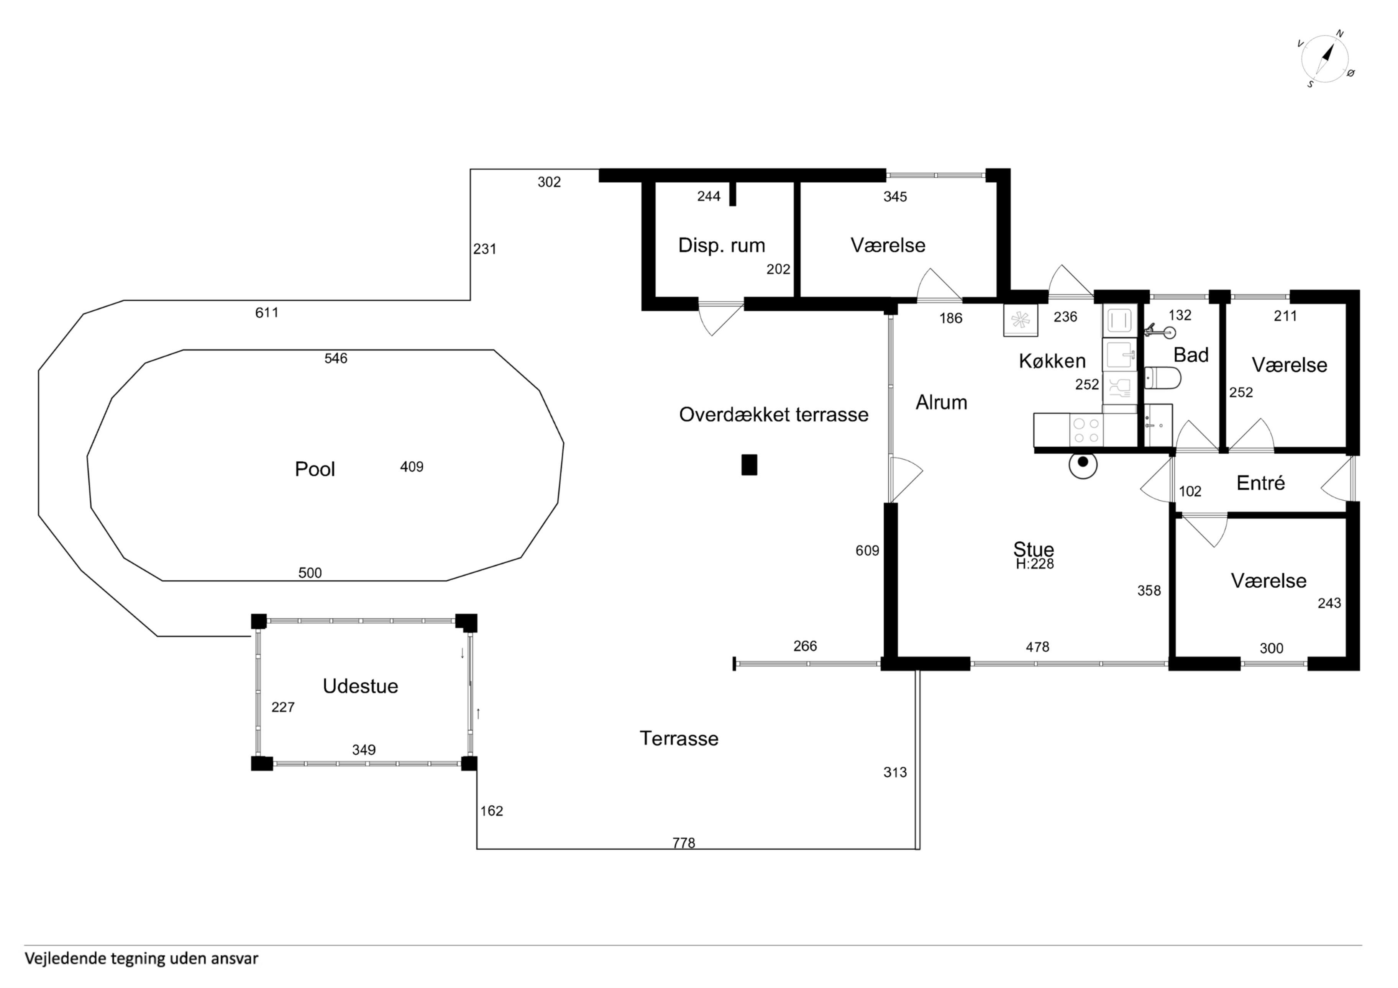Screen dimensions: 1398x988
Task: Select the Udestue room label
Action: (361, 686)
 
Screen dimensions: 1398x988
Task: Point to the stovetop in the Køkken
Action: (1086, 430)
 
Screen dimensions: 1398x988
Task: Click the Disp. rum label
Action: (722, 245)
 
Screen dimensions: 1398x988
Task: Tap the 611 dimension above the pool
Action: (267, 313)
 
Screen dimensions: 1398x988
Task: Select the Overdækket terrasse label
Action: (773, 415)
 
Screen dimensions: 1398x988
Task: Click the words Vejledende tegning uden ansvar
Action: (141, 959)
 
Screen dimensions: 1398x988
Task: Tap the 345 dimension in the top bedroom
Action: (895, 197)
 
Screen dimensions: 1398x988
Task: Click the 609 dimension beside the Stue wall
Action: (867, 551)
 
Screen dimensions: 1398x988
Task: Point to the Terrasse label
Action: (679, 738)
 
